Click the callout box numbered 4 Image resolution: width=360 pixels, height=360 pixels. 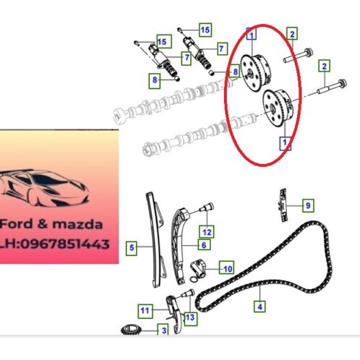(x=260, y=307)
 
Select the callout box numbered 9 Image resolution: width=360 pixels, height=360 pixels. (x=308, y=205)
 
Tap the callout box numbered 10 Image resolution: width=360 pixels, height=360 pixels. (x=226, y=267)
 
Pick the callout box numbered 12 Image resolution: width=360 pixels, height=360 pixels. (x=207, y=232)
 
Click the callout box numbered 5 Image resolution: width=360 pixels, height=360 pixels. (x=132, y=248)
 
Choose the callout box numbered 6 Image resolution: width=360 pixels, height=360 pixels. (x=204, y=245)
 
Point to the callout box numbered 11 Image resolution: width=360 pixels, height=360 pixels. (x=145, y=311)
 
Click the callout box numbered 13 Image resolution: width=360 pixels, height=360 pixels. (x=190, y=317)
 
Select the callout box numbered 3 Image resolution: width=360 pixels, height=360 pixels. (x=163, y=330)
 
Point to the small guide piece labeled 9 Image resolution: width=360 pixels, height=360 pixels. (x=283, y=205)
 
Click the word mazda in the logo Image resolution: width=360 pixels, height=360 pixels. (x=77, y=224)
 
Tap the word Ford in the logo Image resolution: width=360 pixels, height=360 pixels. (x=17, y=224)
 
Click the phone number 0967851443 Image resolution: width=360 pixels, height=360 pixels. (x=65, y=244)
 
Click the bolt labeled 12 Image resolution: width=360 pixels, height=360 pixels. (x=207, y=207)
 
